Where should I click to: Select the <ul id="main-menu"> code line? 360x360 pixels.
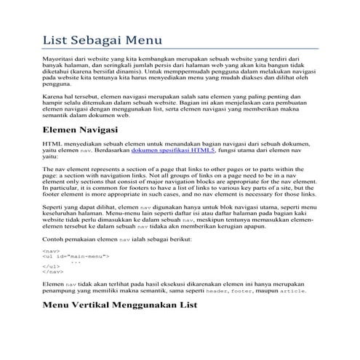click(76, 257)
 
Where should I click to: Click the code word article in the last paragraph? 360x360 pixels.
click(295, 291)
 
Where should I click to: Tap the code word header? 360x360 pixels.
click(216, 291)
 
